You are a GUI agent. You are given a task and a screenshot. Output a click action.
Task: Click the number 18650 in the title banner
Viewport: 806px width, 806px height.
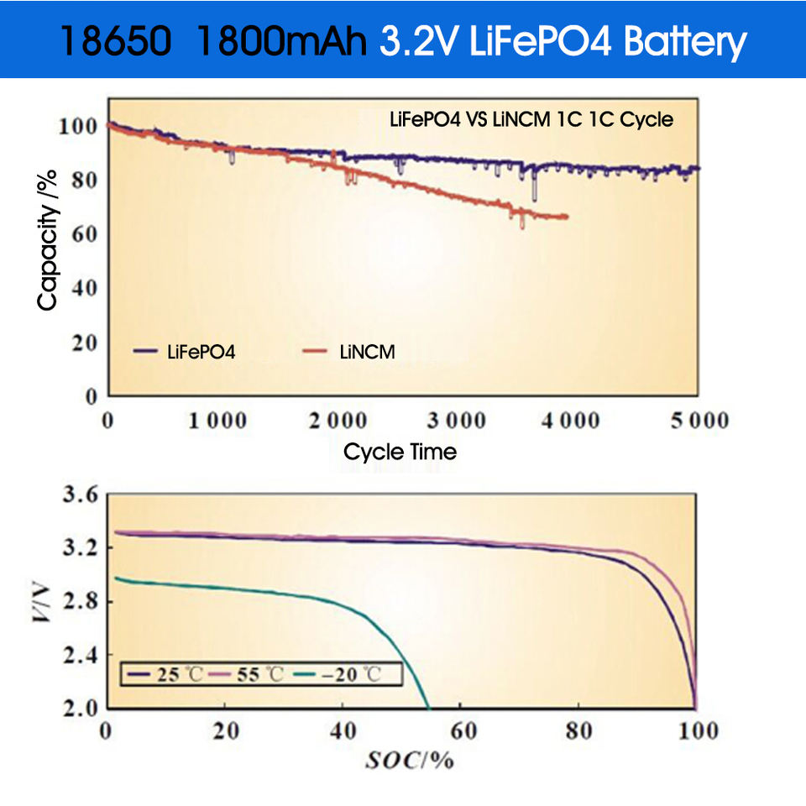coord(118,41)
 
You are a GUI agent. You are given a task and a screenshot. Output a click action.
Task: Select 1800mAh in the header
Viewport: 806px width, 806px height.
coord(281,41)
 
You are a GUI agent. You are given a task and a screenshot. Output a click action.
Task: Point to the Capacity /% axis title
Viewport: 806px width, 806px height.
coord(48,239)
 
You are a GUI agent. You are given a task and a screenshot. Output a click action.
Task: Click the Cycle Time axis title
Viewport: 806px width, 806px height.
coord(400,452)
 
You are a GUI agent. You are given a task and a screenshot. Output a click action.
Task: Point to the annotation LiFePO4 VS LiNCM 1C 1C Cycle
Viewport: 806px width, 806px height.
coord(531,119)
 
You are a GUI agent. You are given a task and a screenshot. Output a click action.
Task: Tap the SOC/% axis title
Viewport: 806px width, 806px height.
coord(409,761)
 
